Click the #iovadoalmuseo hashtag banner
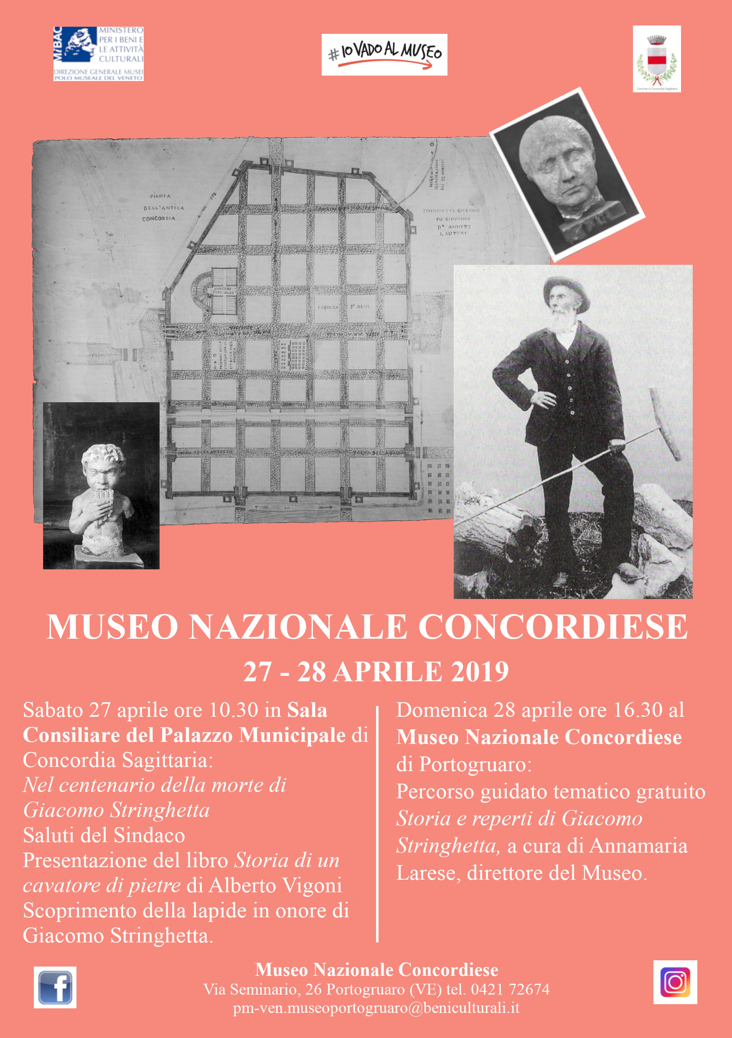point(384,55)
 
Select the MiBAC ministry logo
point(98,54)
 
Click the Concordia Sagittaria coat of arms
point(656,59)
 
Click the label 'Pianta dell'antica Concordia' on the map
point(161,208)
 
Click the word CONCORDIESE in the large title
point(552,627)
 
